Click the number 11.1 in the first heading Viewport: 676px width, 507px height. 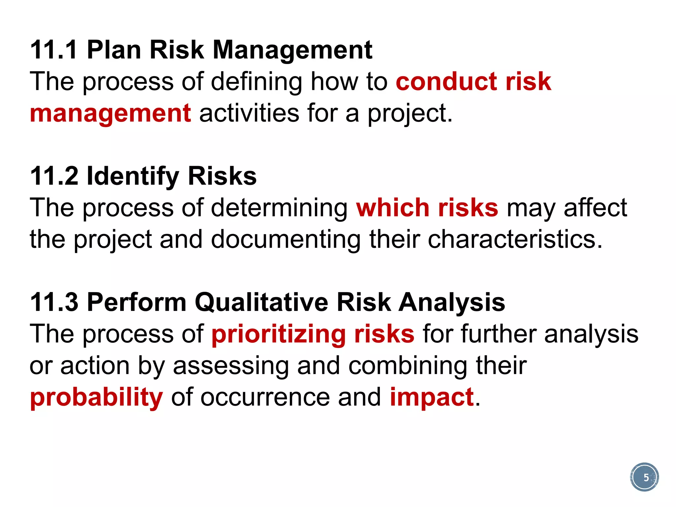pos(54,50)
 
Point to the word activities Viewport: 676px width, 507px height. pos(249,113)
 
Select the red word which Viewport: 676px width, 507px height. pos(393,208)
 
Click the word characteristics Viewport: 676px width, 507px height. pos(515,239)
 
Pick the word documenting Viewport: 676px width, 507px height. pos(286,240)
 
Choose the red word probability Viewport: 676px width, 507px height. pos(96,398)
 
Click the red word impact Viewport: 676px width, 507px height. pos(432,398)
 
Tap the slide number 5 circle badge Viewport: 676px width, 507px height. pos(644,477)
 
